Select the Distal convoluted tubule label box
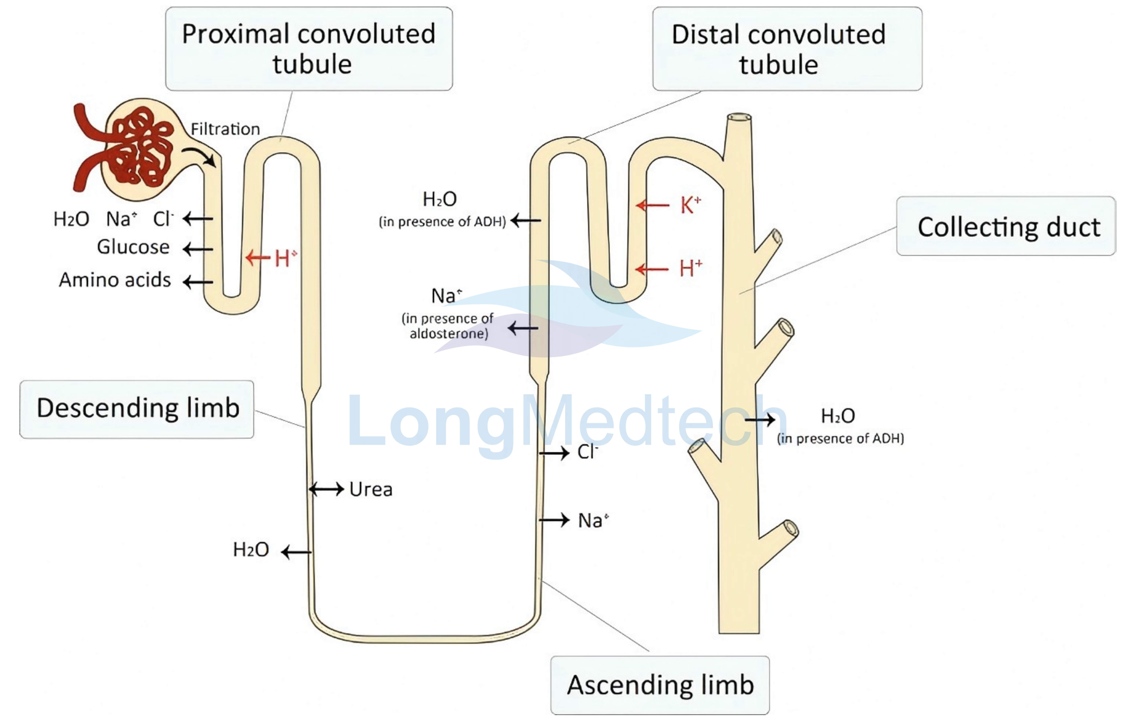(787, 49)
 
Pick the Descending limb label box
(137, 409)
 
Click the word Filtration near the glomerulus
(225, 129)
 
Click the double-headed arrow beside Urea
(326, 489)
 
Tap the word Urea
(371, 490)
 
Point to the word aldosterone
(449, 334)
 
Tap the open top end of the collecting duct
(739, 117)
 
